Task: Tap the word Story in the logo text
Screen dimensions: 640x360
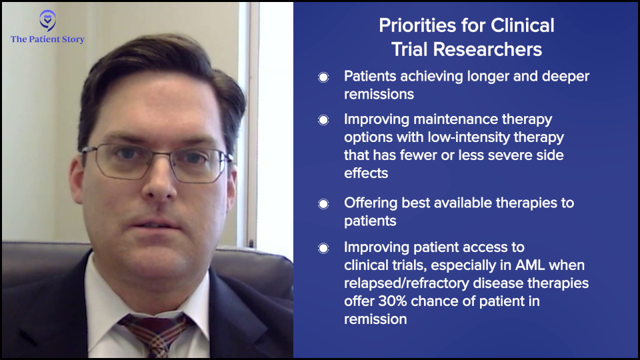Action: point(73,39)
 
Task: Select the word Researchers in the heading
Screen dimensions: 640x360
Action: point(487,49)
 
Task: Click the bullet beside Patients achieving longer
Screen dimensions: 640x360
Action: point(323,77)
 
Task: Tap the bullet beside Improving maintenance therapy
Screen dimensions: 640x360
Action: point(323,120)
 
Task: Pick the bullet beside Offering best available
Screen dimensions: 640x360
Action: point(323,204)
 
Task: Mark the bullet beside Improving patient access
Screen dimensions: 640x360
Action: point(323,248)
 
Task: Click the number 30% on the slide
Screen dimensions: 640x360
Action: point(393,301)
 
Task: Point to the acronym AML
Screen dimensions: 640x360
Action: point(530,265)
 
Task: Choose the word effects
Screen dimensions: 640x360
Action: point(366,173)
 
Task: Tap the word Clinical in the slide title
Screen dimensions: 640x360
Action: point(523,25)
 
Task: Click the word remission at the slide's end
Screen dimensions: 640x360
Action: point(375,319)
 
